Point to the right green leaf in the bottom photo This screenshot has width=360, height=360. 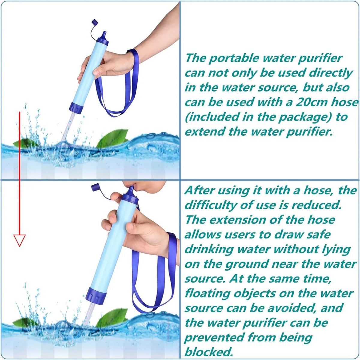click(112, 317)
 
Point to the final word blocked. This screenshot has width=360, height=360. click(208, 352)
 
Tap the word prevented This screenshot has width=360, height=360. click(214, 337)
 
